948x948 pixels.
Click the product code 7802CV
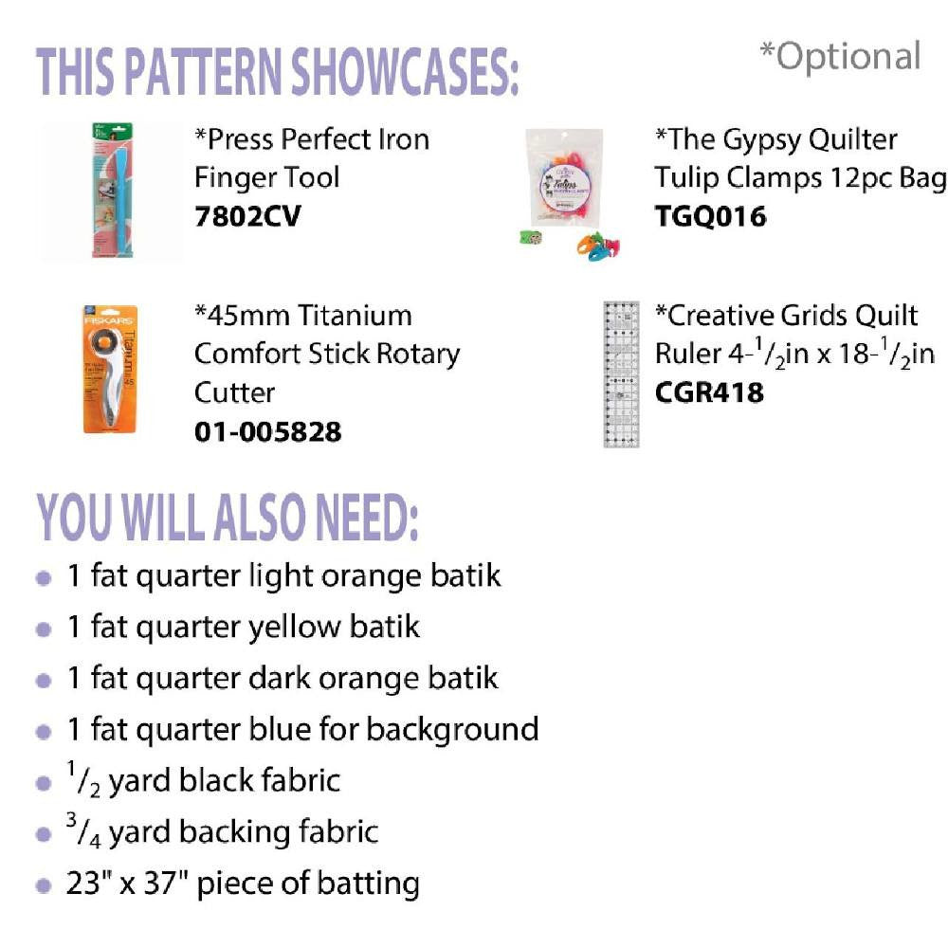tap(247, 216)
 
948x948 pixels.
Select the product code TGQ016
tap(710, 216)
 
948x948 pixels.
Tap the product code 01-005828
tap(268, 431)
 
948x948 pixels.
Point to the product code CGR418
tap(709, 392)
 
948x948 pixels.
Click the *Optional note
tap(840, 56)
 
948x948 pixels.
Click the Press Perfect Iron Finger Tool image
tap(112, 191)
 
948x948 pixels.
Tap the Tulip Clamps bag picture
tap(564, 177)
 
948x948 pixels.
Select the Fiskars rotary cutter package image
tap(110, 370)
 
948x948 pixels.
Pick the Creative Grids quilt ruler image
tap(621, 374)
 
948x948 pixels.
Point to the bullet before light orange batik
tap(44, 578)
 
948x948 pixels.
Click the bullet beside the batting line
tap(44, 885)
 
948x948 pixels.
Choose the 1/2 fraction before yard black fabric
tap(83, 779)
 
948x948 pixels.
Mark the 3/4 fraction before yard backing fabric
tap(83, 830)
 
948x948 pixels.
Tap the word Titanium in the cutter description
tap(355, 316)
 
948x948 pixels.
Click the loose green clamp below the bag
tap(531, 238)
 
